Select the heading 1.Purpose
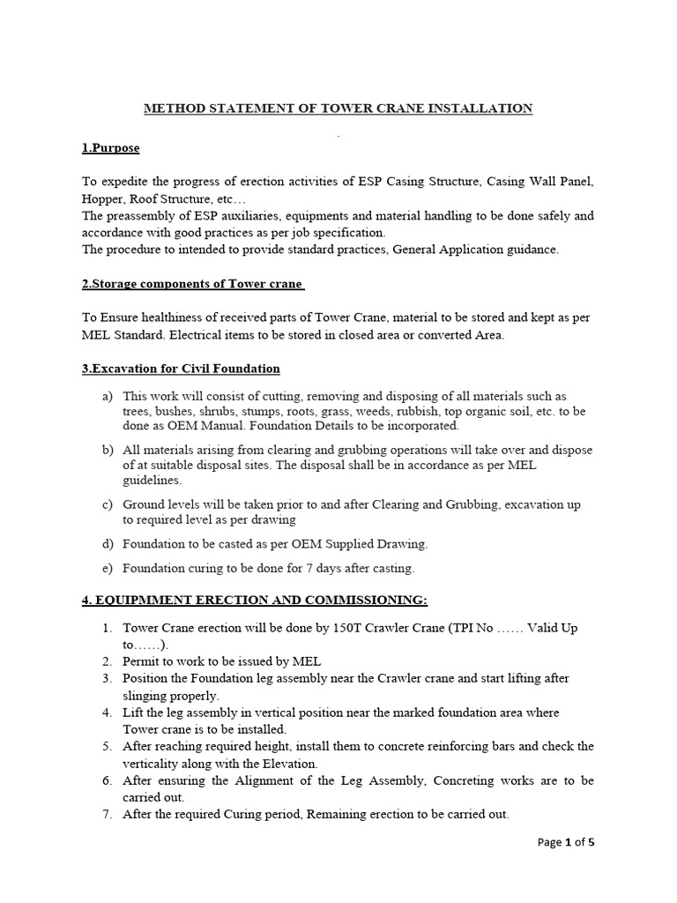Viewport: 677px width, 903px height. [x=110, y=148]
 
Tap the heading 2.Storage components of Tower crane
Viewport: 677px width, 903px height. [x=192, y=284]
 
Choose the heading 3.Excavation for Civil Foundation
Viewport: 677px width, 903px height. [x=181, y=368]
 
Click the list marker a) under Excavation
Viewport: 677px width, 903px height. [x=108, y=396]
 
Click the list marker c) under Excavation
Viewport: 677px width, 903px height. [x=108, y=505]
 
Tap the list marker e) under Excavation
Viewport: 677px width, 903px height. [x=108, y=568]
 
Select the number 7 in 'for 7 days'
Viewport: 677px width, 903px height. [x=312, y=568]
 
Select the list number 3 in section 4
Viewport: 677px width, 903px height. [x=107, y=678]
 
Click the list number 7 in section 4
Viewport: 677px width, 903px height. [x=107, y=814]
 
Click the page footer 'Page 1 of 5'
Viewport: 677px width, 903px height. [x=566, y=843]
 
